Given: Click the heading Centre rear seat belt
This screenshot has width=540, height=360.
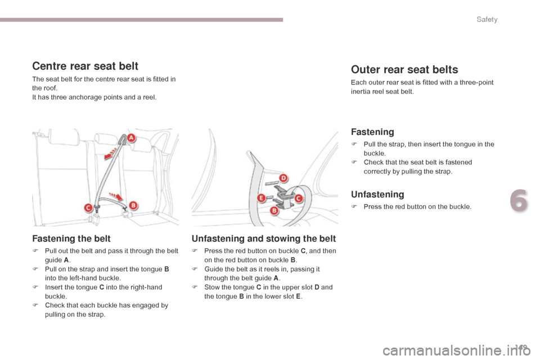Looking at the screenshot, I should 85,66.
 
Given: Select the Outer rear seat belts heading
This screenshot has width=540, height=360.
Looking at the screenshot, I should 404,70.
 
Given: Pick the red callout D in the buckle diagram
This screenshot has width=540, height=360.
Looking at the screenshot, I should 283,178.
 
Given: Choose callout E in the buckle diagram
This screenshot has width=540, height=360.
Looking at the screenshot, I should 262,197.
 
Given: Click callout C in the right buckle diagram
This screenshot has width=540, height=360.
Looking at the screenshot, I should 298,198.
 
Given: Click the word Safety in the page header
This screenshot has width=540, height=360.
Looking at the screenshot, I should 487,20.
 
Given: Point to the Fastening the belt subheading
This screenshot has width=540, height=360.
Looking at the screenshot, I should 71,238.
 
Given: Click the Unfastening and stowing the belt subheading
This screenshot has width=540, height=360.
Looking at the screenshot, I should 264,238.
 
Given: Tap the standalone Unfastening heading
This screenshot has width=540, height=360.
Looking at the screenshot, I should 377,195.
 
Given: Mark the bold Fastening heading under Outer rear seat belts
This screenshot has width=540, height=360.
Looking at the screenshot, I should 372,132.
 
